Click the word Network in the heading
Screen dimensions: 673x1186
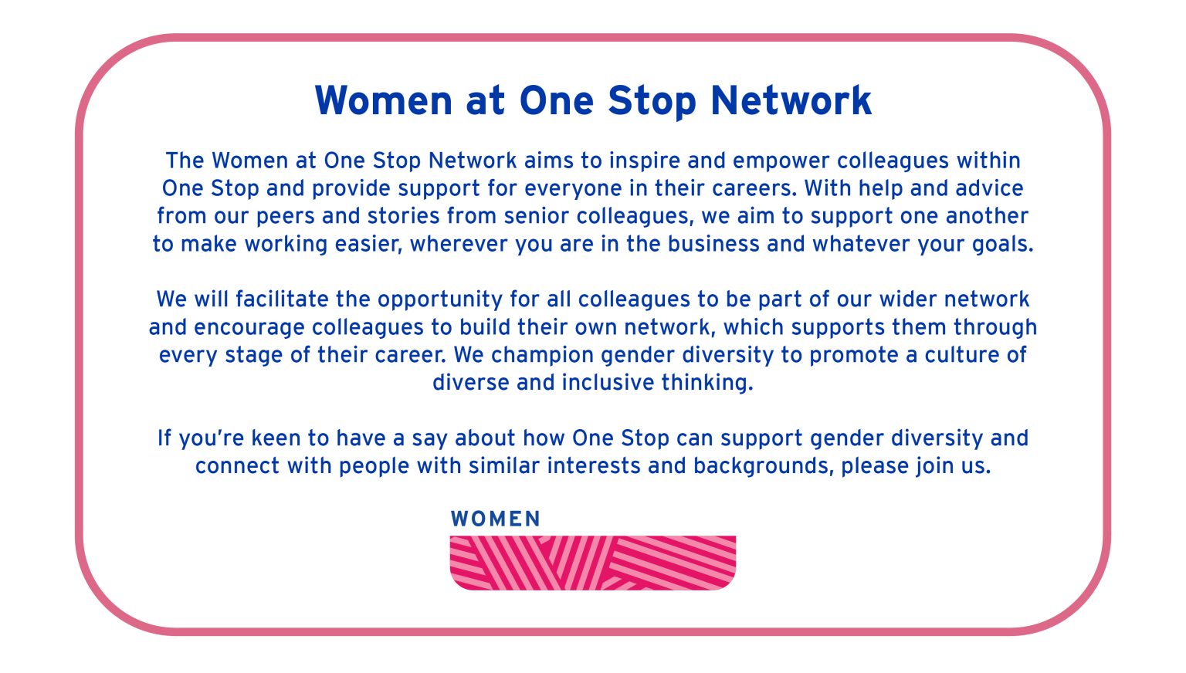pyautogui.click(x=791, y=101)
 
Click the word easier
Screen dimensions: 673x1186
pyautogui.click(x=368, y=244)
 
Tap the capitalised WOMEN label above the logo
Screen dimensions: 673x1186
pyautogui.click(x=496, y=519)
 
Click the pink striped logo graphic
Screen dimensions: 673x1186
pyautogui.click(x=592, y=563)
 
